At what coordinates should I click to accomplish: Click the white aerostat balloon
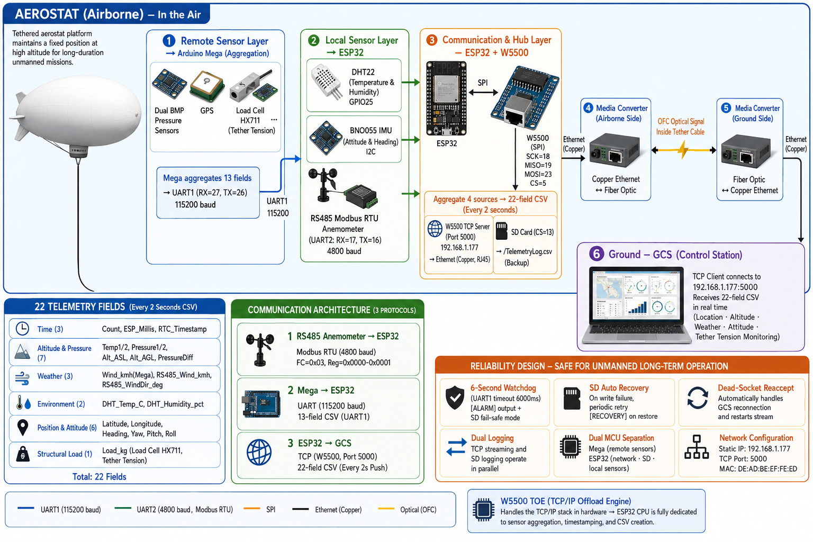[78, 111]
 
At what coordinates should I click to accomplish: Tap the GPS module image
[207, 86]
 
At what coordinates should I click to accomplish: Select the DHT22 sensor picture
[327, 82]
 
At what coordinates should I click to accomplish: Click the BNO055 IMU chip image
[326, 138]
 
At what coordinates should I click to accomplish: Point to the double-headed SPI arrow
[483, 93]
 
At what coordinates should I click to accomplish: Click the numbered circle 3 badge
[431, 40]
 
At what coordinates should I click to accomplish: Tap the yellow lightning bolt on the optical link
[683, 149]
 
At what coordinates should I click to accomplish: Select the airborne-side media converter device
[614, 151]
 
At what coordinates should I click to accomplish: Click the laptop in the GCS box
[636, 305]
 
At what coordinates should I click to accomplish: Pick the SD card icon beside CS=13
[501, 231]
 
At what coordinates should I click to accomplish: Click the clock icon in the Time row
[22, 329]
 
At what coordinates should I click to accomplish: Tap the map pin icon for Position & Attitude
[23, 428]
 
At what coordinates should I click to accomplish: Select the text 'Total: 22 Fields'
[99, 477]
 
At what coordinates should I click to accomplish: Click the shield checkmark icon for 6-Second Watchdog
[455, 398]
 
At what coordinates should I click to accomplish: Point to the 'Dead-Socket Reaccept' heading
[756, 388]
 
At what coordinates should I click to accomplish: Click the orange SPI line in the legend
[252, 509]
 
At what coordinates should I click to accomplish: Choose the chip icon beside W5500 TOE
[483, 510]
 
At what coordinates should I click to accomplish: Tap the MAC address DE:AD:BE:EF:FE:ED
[758, 468]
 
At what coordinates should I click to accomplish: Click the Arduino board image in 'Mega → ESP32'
[262, 404]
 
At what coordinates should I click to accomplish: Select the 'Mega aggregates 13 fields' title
[207, 178]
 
